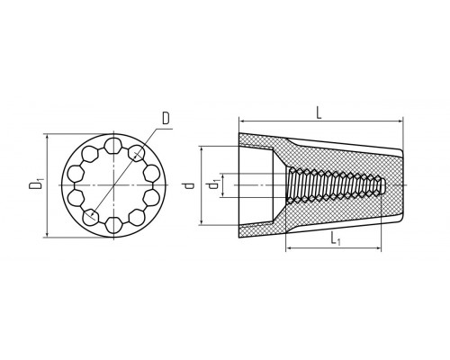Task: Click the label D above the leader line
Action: pyautogui.click(x=166, y=118)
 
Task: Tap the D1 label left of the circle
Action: pyautogui.click(x=36, y=184)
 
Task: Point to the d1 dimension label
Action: pyautogui.click(x=213, y=184)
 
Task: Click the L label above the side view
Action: pyautogui.click(x=319, y=113)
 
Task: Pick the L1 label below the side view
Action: pyautogui.click(x=336, y=239)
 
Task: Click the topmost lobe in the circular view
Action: pyautogui.click(x=113, y=145)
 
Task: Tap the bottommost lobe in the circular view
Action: pyautogui.click(x=113, y=225)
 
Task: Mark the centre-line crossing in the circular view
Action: pyautogui.click(x=113, y=185)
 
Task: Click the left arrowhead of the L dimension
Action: pyautogui.click(x=241, y=121)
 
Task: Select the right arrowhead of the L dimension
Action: pyautogui.click(x=400, y=121)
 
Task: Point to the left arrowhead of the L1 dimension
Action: pyautogui.click(x=289, y=248)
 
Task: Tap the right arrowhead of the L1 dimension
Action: pyautogui.click(x=378, y=248)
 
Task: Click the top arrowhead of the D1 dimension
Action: pyautogui.click(x=47, y=137)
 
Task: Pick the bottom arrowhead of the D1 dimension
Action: pyautogui.click(x=47, y=235)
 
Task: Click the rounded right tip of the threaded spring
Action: pyautogui.click(x=384, y=185)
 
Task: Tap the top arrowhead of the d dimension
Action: pyautogui.click(x=202, y=149)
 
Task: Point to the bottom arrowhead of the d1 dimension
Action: pyautogui.click(x=222, y=194)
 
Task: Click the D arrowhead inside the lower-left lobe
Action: pyautogui.click(x=93, y=214)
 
